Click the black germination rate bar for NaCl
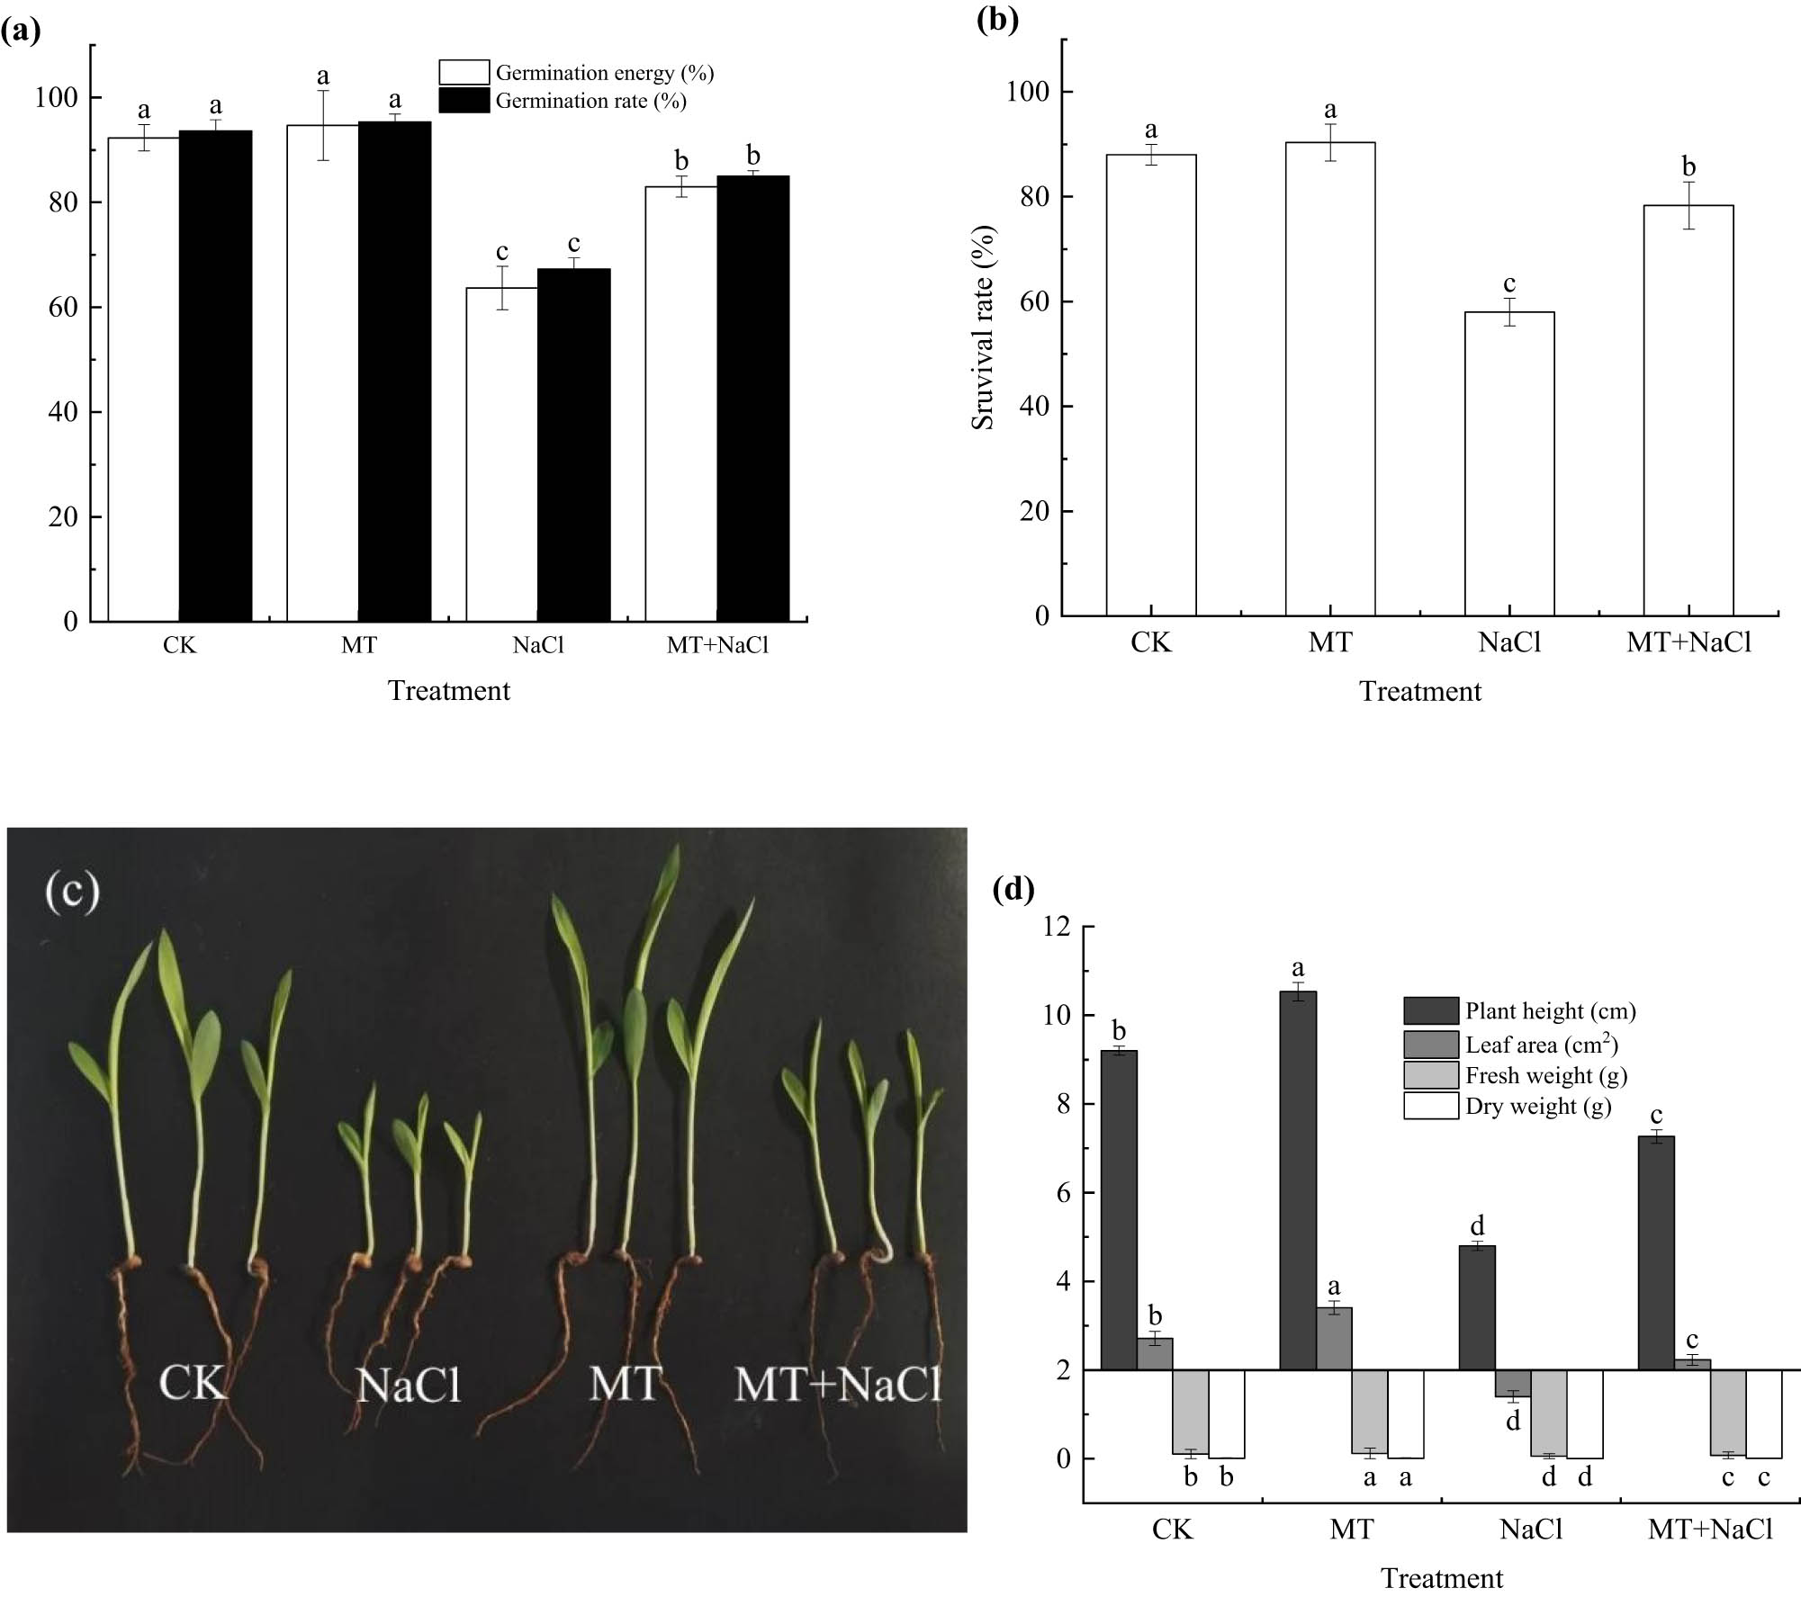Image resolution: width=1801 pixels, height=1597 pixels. point(573,444)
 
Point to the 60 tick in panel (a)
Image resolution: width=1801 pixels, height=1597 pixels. point(64,308)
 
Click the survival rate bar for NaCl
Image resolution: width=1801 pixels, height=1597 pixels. point(1508,463)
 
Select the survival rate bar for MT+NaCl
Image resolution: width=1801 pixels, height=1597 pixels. point(1688,410)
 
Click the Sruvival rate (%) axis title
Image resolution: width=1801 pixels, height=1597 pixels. point(984,327)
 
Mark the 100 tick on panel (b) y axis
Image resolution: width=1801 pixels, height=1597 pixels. point(1030,92)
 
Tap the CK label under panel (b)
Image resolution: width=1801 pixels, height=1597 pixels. point(1150,643)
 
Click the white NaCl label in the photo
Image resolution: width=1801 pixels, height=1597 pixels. point(409,1385)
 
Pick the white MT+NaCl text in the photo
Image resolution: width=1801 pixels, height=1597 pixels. point(837,1383)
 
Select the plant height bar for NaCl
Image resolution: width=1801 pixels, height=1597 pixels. point(1476,1307)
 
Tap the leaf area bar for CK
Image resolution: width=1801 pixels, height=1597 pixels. point(1154,1353)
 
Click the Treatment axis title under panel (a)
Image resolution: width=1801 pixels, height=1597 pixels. point(448,691)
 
